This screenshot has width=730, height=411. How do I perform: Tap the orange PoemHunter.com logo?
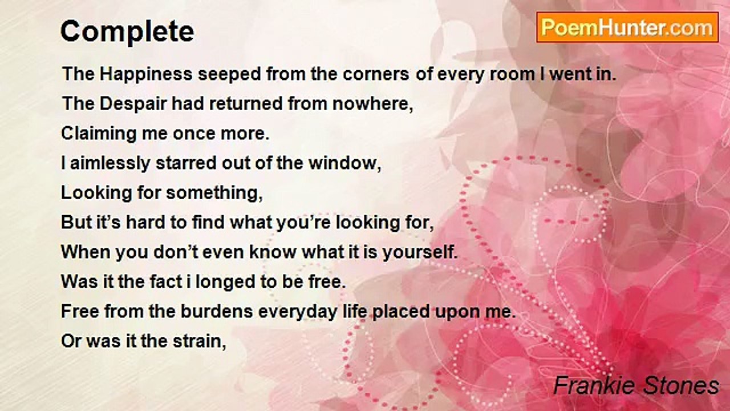[627, 27]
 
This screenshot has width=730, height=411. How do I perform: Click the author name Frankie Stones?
[636, 385]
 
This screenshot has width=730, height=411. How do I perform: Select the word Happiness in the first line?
[146, 74]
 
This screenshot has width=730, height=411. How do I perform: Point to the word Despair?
[133, 104]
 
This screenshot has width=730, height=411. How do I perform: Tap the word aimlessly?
[110, 163]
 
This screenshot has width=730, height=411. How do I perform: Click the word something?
[214, 193]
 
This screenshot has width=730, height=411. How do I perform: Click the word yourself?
[420, 252]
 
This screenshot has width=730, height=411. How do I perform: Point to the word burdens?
[217, 311]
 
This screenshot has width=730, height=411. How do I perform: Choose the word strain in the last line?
[199, 341]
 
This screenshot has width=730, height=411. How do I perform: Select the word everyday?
[298, 312]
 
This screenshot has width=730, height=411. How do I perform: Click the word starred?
[186, 163]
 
